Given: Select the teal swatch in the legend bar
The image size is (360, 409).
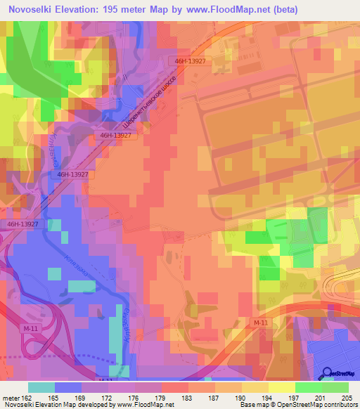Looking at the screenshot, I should (41, 387).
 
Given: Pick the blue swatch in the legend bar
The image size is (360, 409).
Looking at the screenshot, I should (68, 387).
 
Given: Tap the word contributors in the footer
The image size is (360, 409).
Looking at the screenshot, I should (340, 405).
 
